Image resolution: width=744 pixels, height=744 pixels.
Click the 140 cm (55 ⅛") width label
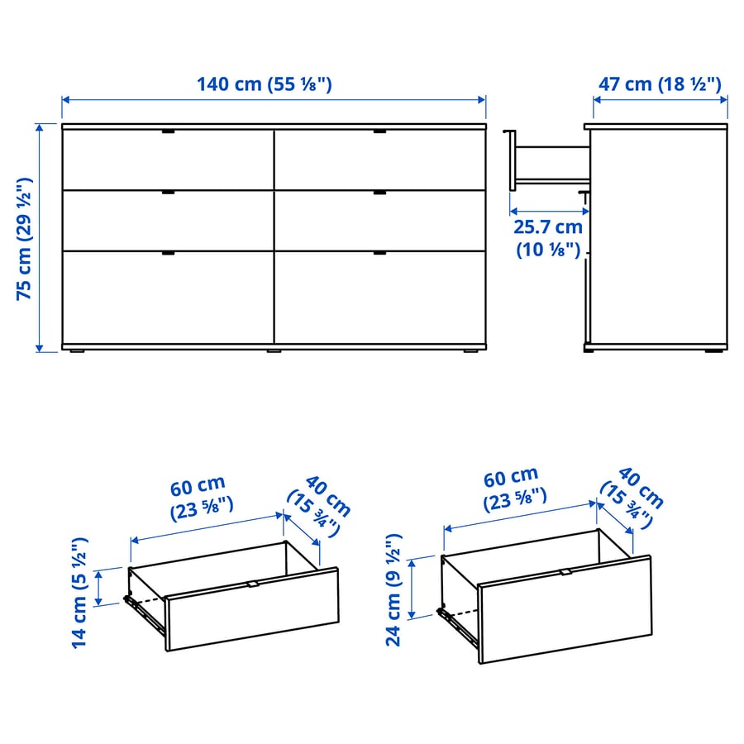pyautogui.click(x=265, y=84)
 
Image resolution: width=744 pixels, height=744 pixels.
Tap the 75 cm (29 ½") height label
pyautogui.click(x=24, y=239)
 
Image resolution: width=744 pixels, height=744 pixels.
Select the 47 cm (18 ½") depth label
pyautogui.click(x=660, y=84)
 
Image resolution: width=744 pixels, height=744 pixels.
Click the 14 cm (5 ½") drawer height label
pyautogui.click(x=79, y=593)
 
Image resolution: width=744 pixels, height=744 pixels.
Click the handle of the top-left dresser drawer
pyautogui.click(x=168, y=131)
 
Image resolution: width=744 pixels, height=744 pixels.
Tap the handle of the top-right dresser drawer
pyautogui.click(x=379, y=131)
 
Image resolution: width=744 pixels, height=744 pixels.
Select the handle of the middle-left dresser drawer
pyautogui.click(x=168, y=192)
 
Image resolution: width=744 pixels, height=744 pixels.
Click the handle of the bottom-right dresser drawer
pyautogui.click(x=379, y=253)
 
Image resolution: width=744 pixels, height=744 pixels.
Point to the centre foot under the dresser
pyautogui.click(x=274, y=351)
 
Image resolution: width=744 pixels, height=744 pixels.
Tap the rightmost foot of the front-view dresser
pyautogui.click(x=470, y=351)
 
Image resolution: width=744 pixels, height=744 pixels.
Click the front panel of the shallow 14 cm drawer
pyautogui.click(x=252, y=609)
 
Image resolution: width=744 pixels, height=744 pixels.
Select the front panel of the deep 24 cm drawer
pyautogui.click(x=565, y=609)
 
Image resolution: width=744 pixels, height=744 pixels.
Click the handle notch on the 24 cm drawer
pyautogui.click(x=565, y=572)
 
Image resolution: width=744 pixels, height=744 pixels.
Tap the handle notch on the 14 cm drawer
pyautogui.click(x=253, y=584)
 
